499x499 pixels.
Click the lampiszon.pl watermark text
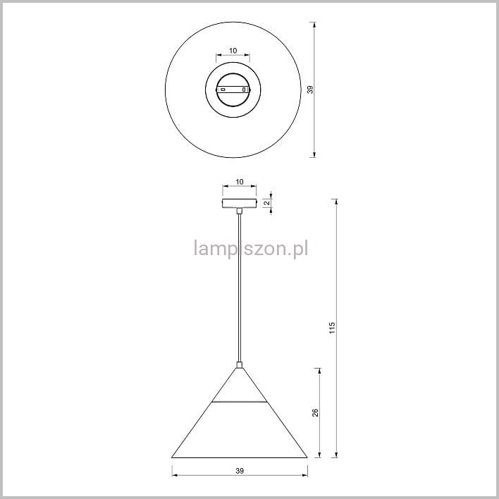point(251,249)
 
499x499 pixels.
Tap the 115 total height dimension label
point(332,328)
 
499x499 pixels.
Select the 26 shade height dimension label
point(315,412)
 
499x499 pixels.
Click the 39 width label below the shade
point(240,471)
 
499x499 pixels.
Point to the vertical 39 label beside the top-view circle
point(310,90)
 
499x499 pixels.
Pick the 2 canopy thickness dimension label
point(266,203)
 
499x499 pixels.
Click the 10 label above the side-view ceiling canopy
point(240,182)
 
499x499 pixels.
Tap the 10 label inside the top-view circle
point(233,51)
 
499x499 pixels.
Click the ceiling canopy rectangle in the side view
point(240,203)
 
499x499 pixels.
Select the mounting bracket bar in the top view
point(233,90)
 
